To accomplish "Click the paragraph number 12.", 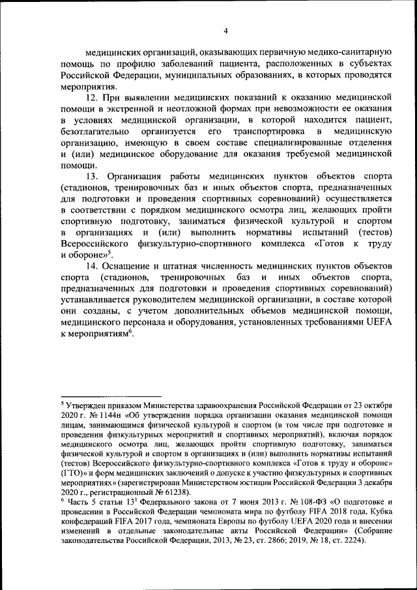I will (x=93, y=97).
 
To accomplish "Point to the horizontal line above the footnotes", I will (x=111, y=396).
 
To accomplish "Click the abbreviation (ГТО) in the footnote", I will (x=73, y=473).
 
